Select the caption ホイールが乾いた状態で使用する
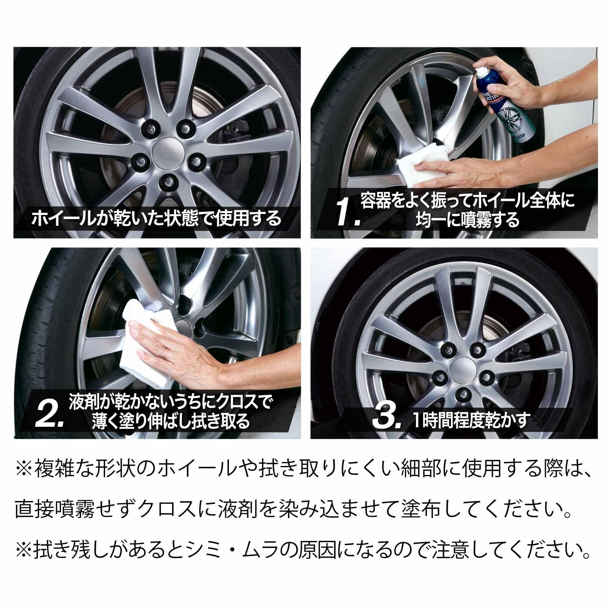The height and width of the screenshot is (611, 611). click(x=157, y=219)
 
